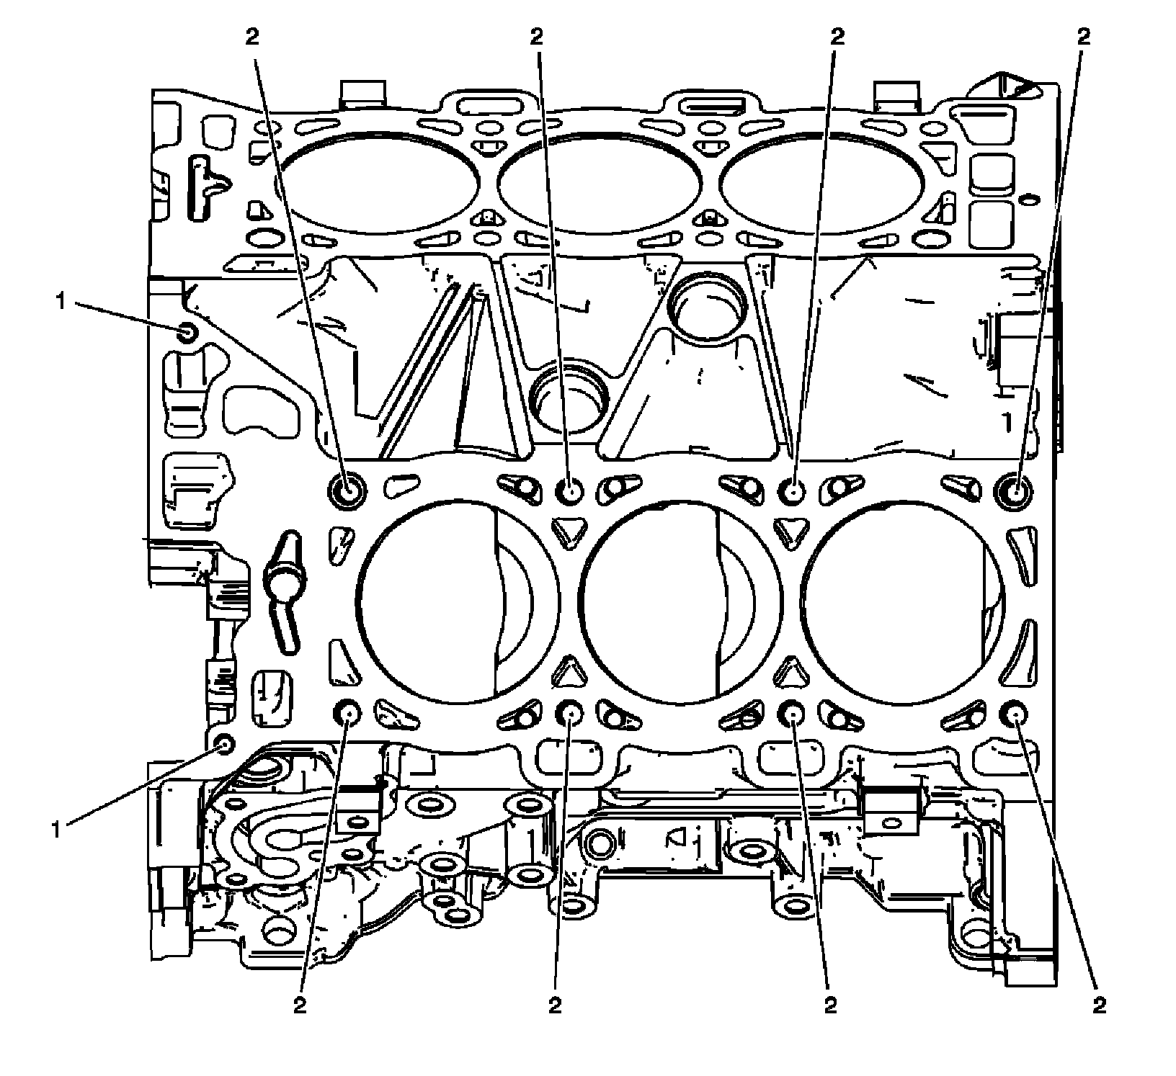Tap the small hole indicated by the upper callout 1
pyautogui.click(x=187, y=333)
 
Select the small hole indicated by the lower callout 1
pyautogui.click(x=225, y=743)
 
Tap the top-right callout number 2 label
pyautogui.click(x=1082, y=37)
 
